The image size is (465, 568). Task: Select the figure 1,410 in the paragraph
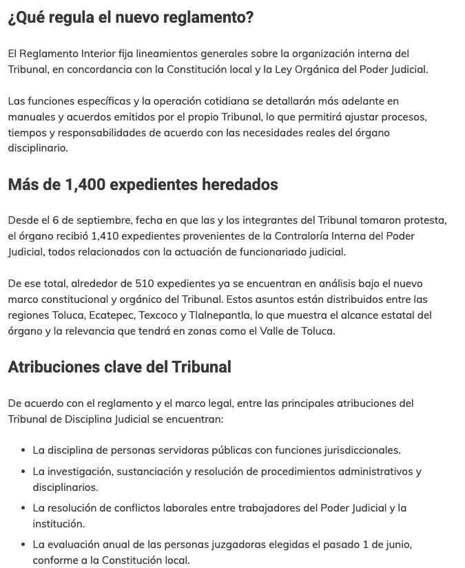[105, 236]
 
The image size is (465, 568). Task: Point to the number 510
[145, 284]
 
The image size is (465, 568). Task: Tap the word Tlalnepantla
[220, 315]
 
